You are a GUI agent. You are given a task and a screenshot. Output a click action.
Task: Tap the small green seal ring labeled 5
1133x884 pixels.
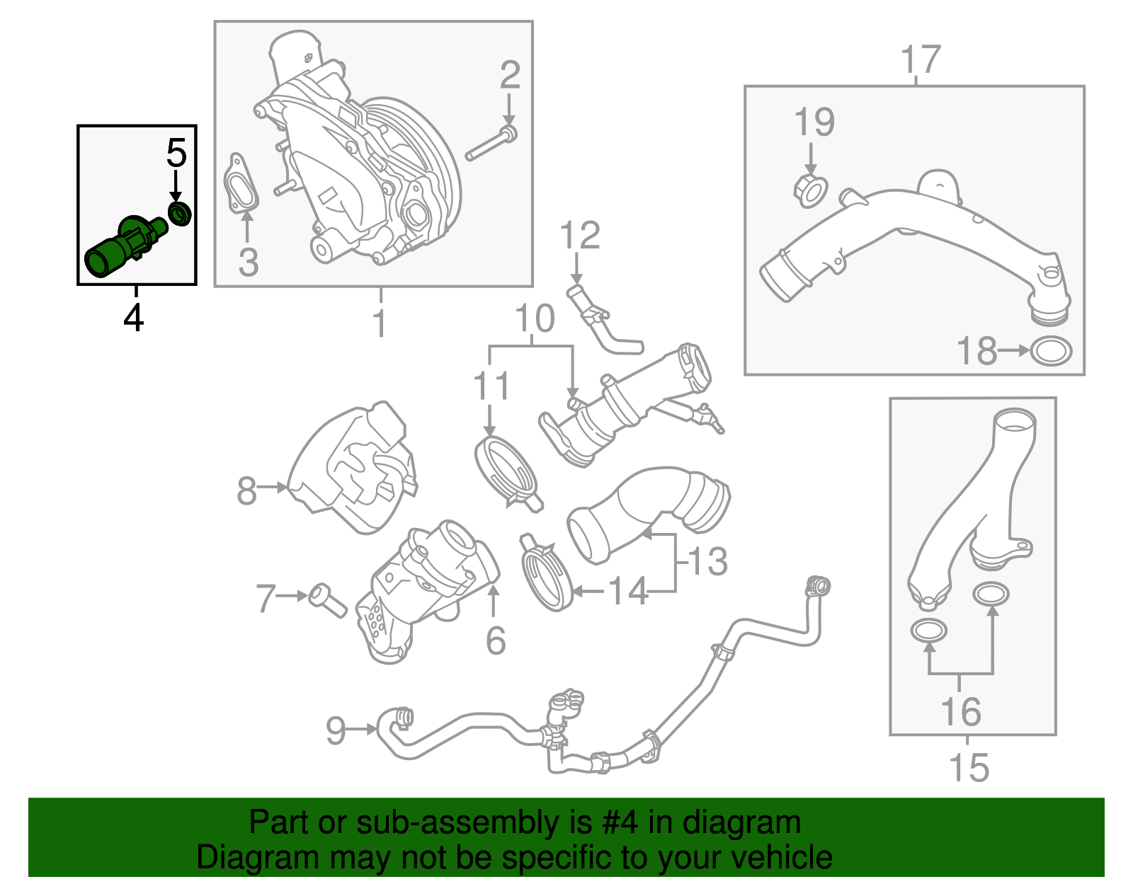click(180, 213)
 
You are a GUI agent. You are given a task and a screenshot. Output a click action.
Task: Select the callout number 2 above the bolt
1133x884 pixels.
click(510, 76)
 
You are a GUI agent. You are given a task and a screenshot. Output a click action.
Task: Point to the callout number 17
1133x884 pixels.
click(921, 60)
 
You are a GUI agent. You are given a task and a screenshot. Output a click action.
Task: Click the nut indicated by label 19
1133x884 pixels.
click(810, 190)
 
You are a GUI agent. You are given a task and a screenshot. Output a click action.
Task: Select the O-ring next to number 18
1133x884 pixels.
click(1051, 351)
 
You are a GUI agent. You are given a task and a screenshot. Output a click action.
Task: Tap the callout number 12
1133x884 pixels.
click(580, 236)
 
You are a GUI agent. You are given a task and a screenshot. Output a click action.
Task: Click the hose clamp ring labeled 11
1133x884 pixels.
click(505, 470)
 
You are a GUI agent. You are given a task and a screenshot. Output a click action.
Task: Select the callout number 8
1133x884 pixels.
click(246, 490)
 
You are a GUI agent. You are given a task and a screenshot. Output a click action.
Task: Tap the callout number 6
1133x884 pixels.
click(496, 641)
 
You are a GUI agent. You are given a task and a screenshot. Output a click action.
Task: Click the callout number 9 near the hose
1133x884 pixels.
click(336, 730)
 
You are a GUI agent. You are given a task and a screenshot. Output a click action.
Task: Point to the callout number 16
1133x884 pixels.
click(961, 711)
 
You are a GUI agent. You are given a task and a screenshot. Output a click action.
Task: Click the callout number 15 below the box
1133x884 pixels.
click(969, 768)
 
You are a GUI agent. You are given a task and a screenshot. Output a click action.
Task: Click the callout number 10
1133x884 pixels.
click(535, 319)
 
